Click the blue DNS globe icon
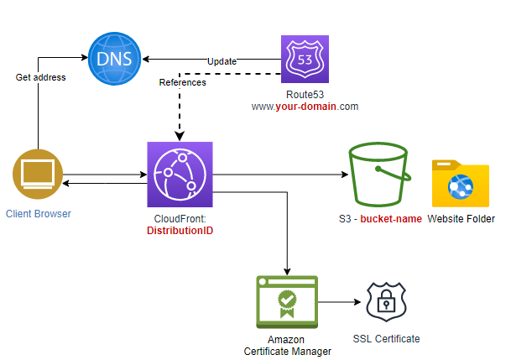pyautogui.click(x=114, y=59)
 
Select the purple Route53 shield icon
pyautogui.click(x=305, y=59)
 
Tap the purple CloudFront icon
pyautogui.click(x=180, y=175)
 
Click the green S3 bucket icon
pyautogui.click(x=379, y=175)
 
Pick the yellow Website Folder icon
pyautogui.click(x=461, y=183)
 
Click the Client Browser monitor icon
pyautogui.click(x=38, y=174)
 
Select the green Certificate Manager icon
pyautogui.click(x=287, y=302)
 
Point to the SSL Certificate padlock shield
pyautogui.click(x=386, y=302)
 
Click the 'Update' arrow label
pyautogui.click(x=222, y=61)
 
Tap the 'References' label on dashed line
pyautogui.click(x=183, y=82)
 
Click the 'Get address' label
pyautogui.click(x=41, y=77)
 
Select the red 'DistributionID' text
pyautogui.click(x=180, y=230)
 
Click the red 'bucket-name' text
pyautogui.click(x=391, y=219)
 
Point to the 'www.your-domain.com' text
pyautogui.click(x=305, y=107)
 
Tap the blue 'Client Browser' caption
pyautogui.click(x=39, y=214)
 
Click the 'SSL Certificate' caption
pyautogui.click(x=386, y=339)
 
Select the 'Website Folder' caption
pyautogui.click(x=461, y=219)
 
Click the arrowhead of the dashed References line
pyautogui.click(x=180, y=137)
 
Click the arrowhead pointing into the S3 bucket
pyautogui.click(x=345, y=175)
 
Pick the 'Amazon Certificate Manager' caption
pyautogui.click(x=287, y=346)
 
